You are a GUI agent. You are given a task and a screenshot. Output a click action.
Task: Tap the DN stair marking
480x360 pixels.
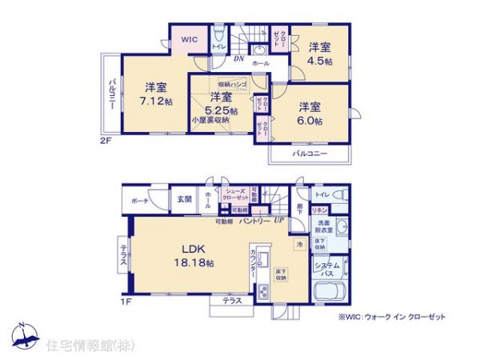point(238,58)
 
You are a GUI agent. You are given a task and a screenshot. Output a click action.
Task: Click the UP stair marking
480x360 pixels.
point(278,220)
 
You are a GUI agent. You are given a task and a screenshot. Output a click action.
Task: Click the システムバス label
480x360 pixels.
point(327,269)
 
